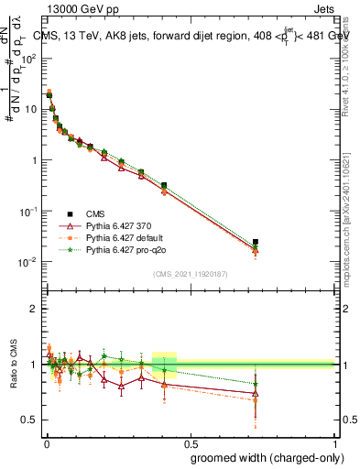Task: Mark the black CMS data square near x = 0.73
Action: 256,243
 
